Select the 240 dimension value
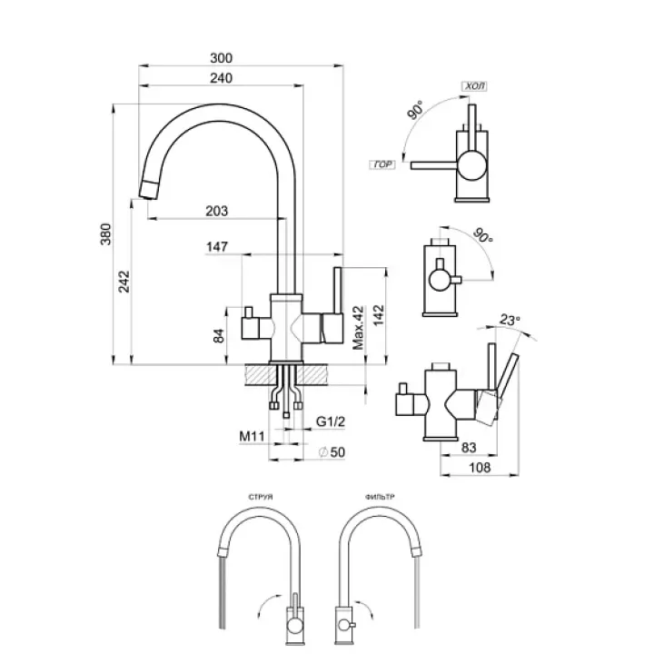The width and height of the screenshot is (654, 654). click(x=218, y=77)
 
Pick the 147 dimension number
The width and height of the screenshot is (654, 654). click(x=216, y=246)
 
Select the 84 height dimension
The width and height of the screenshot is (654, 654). click(x=219, y=336)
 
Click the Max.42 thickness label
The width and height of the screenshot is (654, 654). click(x=358, y=328)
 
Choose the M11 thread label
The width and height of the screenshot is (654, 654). click(x=251, y=438)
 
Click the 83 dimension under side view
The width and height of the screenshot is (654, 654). click(x=470, y=446)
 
